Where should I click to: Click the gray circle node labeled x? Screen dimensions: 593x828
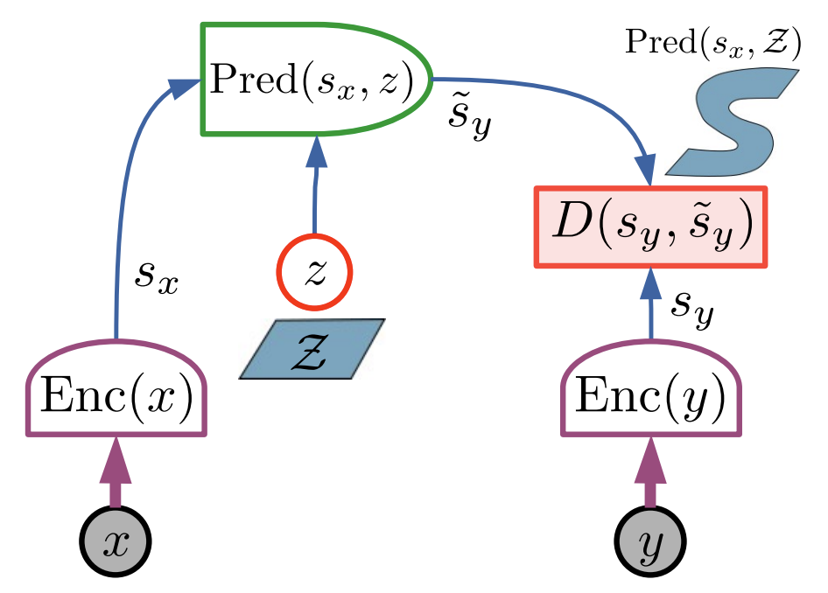coord(116,542)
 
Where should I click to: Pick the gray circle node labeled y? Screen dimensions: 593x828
coord(649,542)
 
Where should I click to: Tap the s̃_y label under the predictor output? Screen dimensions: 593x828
coord(469,122)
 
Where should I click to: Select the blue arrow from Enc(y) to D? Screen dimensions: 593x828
coord(650,306)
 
